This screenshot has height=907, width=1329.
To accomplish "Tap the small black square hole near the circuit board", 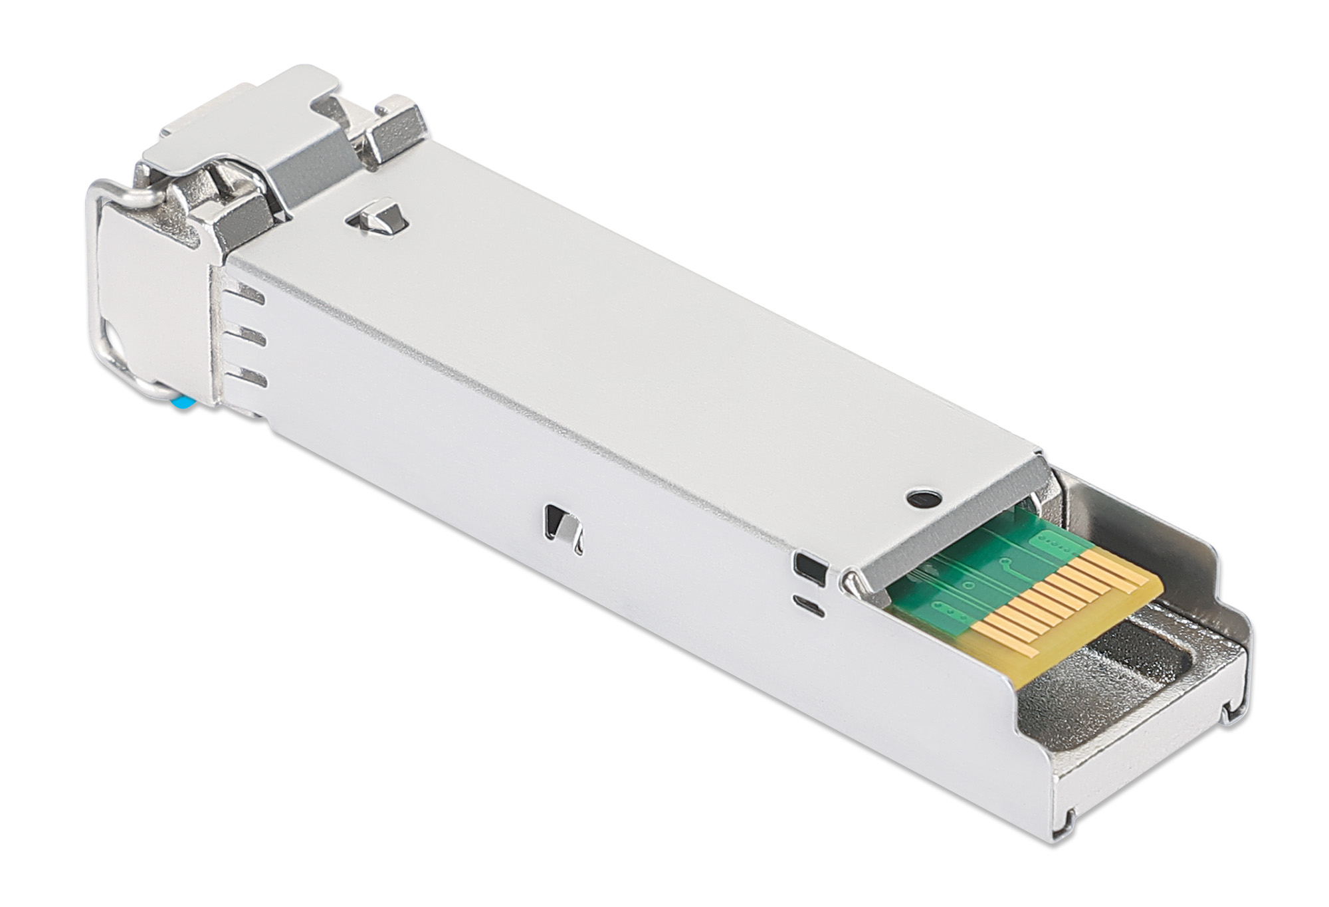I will tap(809, 565).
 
